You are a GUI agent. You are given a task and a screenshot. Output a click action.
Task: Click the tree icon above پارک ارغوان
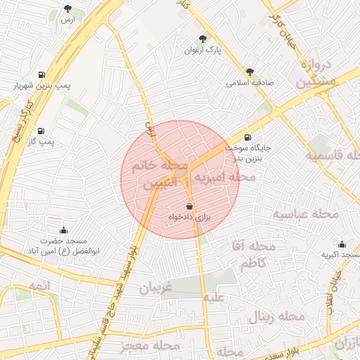[202, 39]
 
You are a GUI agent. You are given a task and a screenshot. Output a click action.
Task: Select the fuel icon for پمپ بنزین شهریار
[42, 75]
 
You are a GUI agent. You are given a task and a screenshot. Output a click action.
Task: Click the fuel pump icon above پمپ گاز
[42, 131]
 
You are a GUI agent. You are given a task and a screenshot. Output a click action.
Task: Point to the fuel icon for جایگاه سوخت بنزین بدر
[247, 137]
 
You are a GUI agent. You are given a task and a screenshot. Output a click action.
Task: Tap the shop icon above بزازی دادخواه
[190, 206]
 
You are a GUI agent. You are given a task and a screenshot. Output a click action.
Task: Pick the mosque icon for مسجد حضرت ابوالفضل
[64, 230]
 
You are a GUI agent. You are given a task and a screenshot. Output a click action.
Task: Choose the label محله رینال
[276, 318]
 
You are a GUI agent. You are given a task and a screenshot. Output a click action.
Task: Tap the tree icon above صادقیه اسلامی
[250, 71]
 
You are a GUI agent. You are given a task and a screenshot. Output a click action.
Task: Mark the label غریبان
[155, 288]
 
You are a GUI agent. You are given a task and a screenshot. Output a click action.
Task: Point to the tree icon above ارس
[67, 9]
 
